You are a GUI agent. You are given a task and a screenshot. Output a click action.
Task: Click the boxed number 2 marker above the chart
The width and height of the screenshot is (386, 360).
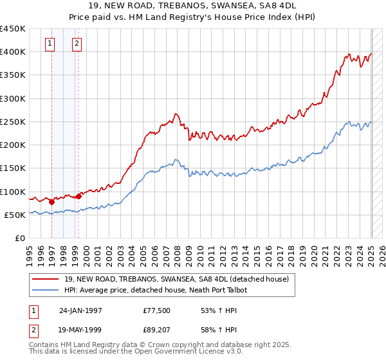point(77,44)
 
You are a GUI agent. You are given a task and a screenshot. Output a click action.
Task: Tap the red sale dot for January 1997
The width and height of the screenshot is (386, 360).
point(51,202)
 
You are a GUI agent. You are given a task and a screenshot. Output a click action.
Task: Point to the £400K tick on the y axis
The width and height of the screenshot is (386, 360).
point(13,52)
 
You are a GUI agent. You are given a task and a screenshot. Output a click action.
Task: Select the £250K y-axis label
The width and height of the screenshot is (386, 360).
point(13,122)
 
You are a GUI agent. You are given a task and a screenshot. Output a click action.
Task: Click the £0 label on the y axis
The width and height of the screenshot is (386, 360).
point(20,238)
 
